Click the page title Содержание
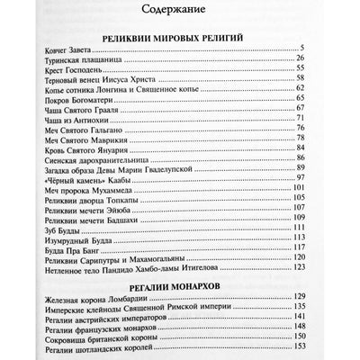point(180,12)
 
